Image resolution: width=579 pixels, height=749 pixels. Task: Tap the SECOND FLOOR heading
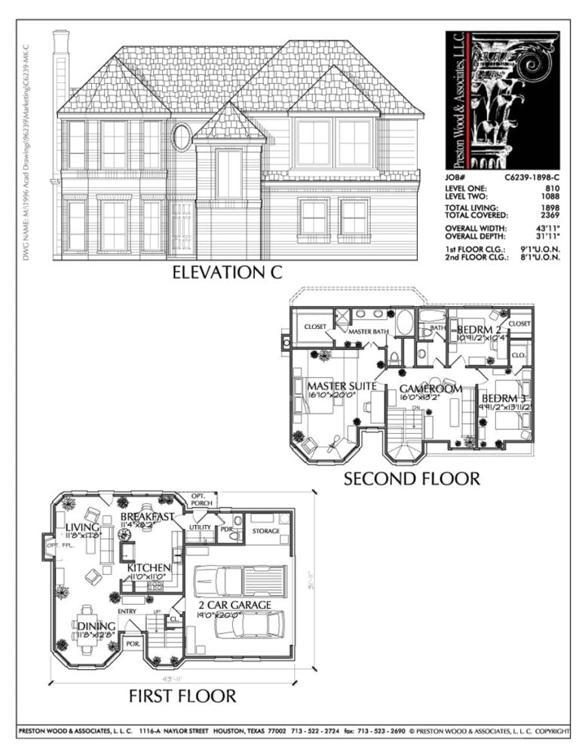412,478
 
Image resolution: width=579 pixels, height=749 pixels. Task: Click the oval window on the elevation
182,137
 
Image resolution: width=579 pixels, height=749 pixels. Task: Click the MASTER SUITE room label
342,386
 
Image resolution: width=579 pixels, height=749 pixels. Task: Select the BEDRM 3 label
504,398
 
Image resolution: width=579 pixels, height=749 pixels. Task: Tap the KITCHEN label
149,567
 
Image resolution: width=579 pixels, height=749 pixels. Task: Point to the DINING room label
96,626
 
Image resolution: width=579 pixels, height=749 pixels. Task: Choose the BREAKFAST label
148,517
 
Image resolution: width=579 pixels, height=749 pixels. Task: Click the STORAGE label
265,531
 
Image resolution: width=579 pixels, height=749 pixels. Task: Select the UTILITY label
200,527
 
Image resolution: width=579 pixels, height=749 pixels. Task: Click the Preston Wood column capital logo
502,100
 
